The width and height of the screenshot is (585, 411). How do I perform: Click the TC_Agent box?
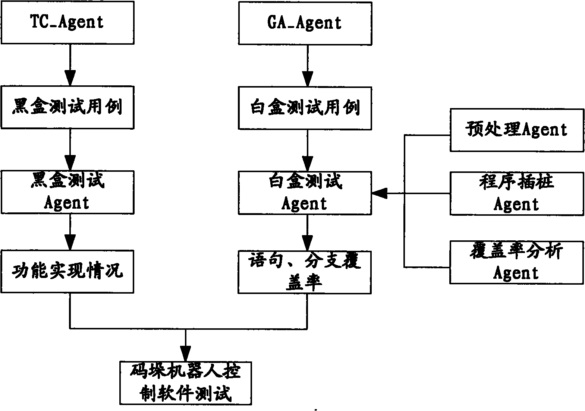coord(67,23)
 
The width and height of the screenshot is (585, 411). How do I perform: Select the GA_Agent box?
coord(305,23)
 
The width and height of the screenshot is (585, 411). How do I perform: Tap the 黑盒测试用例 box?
coord(67,108)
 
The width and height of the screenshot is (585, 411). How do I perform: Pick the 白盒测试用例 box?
coord(305,108)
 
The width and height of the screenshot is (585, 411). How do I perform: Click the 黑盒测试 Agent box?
coord(67,192)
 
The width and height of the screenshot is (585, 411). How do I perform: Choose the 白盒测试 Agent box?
coord(305,193)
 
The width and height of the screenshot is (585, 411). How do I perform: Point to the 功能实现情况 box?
coord(67,272)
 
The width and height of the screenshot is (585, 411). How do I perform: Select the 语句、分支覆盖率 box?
coord(305,272)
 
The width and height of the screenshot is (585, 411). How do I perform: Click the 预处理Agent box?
coord(517,130)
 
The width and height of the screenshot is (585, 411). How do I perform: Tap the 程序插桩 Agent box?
coord(517,194)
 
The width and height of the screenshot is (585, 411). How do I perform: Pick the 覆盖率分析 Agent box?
coord(517,263)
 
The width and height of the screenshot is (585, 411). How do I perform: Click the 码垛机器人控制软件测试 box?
coord(186,383)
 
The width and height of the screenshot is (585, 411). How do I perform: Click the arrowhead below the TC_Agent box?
coord(70,78)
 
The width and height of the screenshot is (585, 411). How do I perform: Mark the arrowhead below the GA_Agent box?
coord(308,79)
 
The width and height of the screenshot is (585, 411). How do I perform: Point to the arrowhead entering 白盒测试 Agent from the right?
coord(380,193)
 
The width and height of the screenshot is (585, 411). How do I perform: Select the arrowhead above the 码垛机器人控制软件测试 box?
coord(185,354)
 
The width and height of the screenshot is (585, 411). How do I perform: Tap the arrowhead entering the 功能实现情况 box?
coord(70,242)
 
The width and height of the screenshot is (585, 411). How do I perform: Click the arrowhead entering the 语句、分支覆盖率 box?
coord(307,243)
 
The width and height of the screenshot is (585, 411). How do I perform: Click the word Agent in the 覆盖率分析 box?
coord(516,274)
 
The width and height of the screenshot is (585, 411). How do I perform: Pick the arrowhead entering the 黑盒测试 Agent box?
coord(70,163)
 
